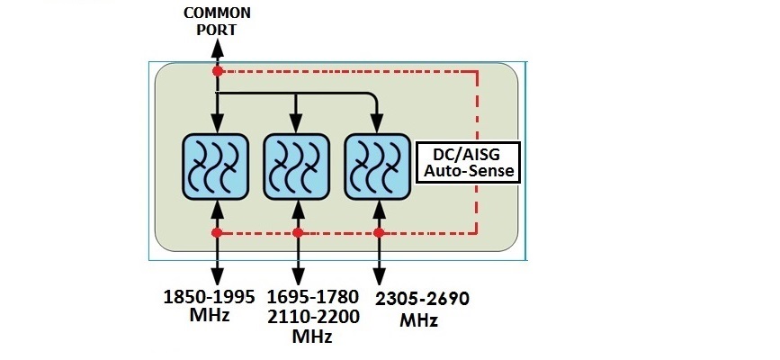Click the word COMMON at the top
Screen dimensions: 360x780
[216, 13]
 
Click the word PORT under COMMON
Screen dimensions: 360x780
[216, 29]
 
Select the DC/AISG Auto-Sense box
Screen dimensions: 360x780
[467, 160]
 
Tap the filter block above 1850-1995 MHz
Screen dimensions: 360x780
[216, 166]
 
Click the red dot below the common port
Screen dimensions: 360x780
[217, 70]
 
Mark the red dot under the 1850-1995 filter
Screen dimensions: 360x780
[217, 232]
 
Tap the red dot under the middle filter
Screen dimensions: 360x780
[298, 232]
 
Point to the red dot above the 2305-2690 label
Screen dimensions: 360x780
[379, 232]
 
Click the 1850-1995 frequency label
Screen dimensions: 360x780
[208, 297]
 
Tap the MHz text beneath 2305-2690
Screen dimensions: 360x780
[419, 321]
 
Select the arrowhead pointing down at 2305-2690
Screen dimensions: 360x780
[379, 281]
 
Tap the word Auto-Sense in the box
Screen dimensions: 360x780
[467, 169]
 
